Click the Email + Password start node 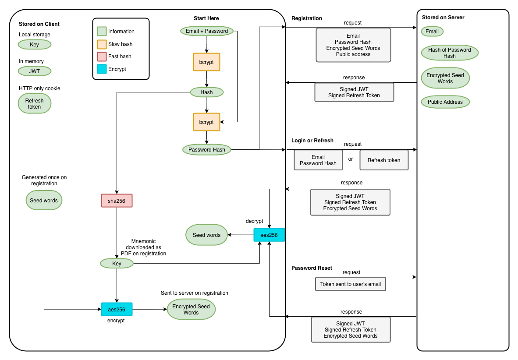(207, 31)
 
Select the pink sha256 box (117, 201)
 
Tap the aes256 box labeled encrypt (117, 310)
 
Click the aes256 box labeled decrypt (269, 235)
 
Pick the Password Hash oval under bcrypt (207, 150)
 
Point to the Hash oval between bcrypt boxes (207, 92)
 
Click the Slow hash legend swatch (102, 44)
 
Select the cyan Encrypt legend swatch (102, 69)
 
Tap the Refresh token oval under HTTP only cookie (34, 103)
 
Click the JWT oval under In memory (34, 71)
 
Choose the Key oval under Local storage (34, 45)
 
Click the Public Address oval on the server (445, 102)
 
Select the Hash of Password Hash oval (450, 53)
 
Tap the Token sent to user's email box (351, 284)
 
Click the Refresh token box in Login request (384, 160)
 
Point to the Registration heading (307, 18)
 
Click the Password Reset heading (312, 268)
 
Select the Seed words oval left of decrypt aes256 (206, 235)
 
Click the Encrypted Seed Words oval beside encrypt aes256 (191, 310)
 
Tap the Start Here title (206, 18)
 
